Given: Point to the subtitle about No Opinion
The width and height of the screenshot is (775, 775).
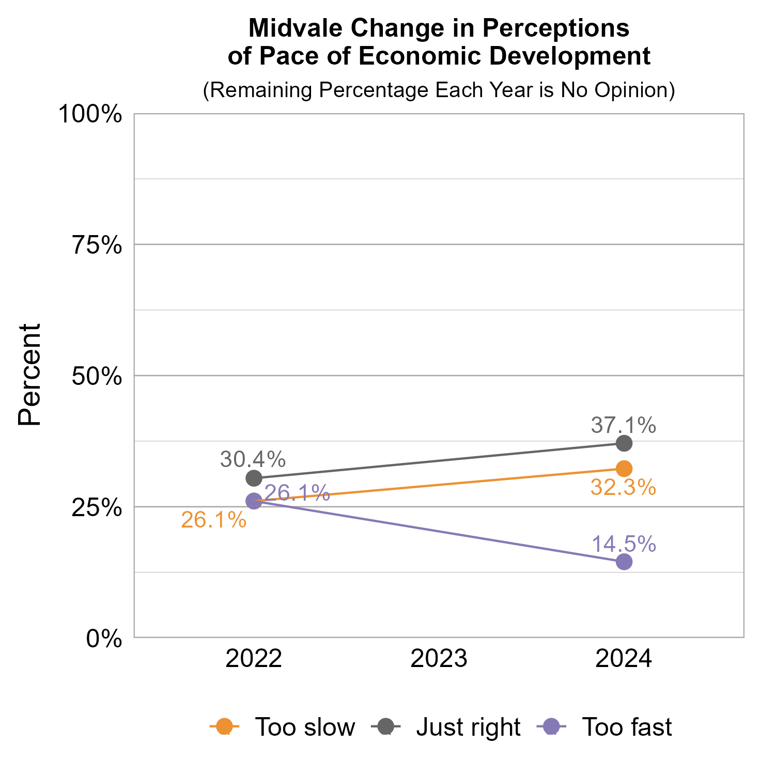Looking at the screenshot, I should tap(439, 90).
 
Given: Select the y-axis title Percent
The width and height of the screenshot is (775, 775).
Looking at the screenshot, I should tap(29, 375).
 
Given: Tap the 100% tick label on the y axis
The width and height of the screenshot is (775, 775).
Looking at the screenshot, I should tap(90, 114).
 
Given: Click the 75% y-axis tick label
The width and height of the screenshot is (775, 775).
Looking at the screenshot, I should tap(97, 245).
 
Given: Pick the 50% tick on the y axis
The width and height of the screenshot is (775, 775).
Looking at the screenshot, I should tap(97, 377).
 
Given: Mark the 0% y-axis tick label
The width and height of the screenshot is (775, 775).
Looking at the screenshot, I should tap(104, 639).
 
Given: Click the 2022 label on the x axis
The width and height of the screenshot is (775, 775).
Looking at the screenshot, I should tap(254, 660).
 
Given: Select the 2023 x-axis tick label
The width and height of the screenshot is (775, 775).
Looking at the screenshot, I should tap(439, 660).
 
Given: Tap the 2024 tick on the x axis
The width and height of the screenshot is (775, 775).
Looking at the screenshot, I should tap(624, 660).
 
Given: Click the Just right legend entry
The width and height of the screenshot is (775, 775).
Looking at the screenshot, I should tap(446, 727).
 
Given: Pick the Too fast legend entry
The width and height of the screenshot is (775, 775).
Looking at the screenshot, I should tap(605, 727).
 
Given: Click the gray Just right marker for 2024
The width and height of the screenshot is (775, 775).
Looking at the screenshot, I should tap(624, 443).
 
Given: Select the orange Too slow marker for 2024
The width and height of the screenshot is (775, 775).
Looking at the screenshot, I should tap(624, 469).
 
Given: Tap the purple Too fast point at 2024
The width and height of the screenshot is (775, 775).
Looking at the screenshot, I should tap(624, 562).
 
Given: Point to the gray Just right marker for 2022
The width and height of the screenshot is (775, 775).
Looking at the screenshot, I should tap(254, 478).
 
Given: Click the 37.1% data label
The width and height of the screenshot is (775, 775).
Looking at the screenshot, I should tap(623, 426).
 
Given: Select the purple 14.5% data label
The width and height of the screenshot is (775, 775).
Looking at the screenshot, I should tap(623, 544).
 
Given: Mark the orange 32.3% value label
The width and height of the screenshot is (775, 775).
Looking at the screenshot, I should tap(623, 488).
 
